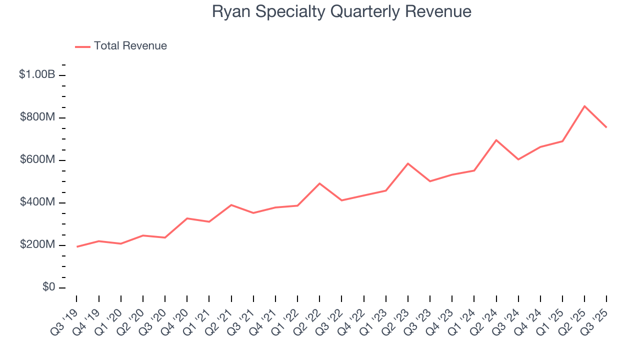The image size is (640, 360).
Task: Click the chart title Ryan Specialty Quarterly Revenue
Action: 341,11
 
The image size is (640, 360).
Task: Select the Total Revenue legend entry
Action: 130,46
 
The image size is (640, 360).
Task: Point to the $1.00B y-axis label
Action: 37,74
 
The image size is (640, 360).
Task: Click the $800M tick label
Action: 37,117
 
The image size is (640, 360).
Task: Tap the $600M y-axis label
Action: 37,159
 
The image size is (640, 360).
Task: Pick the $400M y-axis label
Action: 37,202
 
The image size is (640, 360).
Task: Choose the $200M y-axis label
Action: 37,244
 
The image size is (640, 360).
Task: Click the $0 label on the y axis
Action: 48,287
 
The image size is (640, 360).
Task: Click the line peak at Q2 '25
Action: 584,106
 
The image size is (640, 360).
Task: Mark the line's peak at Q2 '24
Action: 496,140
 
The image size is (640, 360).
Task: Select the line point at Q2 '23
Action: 408,163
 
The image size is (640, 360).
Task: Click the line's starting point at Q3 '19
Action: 77,246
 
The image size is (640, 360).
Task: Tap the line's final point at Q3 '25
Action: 606,127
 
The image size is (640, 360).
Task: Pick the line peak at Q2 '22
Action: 319,183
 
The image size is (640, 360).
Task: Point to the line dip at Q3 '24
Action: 518,159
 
